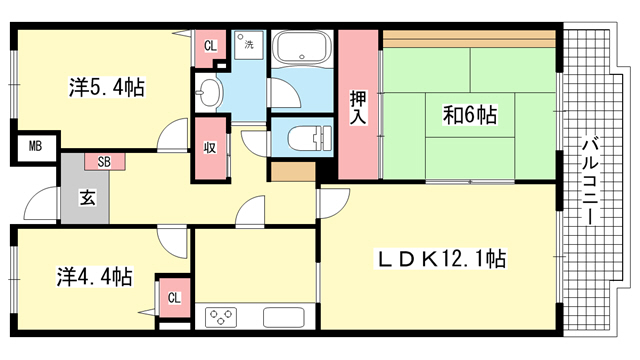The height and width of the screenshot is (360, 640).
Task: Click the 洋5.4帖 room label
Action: coord(107,88)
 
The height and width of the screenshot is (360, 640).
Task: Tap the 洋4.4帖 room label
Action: coord(94,277)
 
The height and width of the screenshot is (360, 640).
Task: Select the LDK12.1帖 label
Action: coord(440,258)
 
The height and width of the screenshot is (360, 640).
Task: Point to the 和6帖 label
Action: coord(470,115)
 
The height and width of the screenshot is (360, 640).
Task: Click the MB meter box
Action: coord(36,146)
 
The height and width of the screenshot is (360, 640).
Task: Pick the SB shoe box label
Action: coord(104,162)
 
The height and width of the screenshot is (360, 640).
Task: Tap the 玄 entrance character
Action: coord(87,198)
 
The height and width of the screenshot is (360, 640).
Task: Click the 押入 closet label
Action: coord(358,107)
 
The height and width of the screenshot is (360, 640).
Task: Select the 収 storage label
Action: coord(210,147)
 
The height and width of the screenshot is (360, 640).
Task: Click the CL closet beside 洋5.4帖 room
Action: coord(210,46)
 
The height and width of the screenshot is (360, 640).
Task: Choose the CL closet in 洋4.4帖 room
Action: coord(174,298)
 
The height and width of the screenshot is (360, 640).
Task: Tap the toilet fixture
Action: coord(310,137)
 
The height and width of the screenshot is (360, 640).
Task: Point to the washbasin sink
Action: coord(208,91)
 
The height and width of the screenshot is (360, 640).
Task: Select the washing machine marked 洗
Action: coord(249,44)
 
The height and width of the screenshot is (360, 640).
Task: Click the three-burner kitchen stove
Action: coord(221,317)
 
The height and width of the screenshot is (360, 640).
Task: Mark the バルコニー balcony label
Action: coord(589,181)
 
